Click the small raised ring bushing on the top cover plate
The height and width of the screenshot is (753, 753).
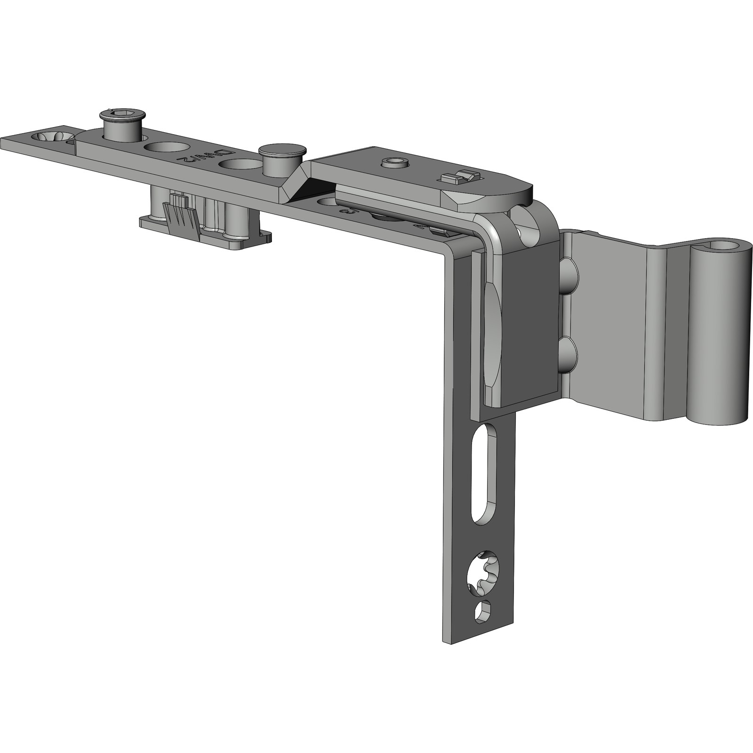pos(395,163)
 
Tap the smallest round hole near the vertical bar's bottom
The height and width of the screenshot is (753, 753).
pos(483,613)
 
